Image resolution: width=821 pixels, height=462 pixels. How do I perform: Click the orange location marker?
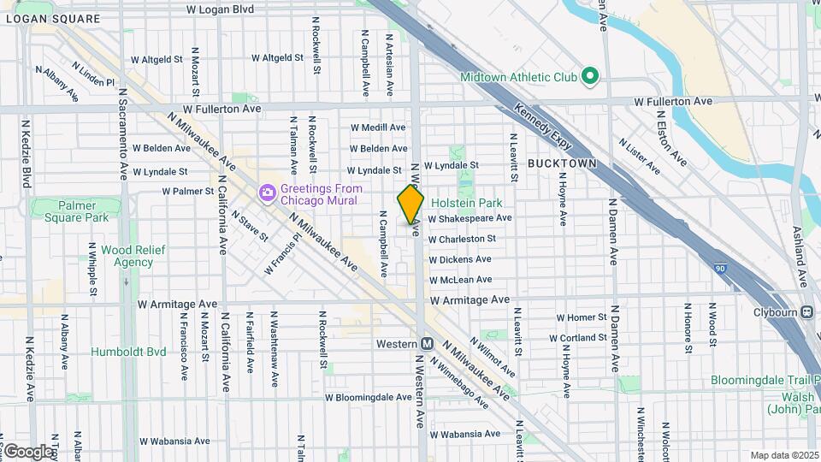click(x=410, y=204)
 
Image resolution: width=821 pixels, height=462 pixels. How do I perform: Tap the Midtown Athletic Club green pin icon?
click(x=589, y=77)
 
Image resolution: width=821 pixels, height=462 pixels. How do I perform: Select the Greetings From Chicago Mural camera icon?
click(x=268, y=193)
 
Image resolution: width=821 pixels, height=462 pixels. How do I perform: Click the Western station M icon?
click(x=427, y=343)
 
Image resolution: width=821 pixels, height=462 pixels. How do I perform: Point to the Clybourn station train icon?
click(x=807, y=312)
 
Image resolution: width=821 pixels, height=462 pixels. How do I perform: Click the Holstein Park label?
click(x=466, y=203)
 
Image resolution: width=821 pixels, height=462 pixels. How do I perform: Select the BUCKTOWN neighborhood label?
click(x=561, y=163)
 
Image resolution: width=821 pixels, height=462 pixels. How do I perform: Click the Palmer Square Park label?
click(x=72, y=211)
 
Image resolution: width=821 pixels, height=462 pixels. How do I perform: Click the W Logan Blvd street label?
click(x=220, y=9)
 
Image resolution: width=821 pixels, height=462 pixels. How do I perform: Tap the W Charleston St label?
click(x=462, y=239)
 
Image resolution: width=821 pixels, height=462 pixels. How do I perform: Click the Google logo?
click(x=28, y=451)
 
